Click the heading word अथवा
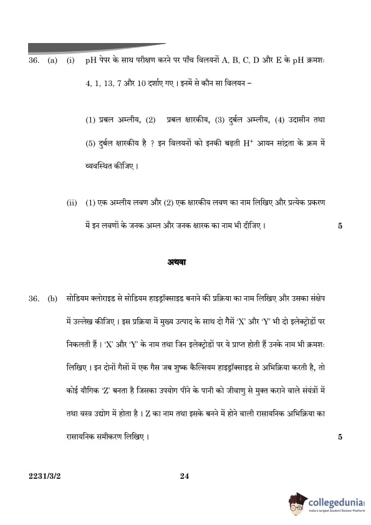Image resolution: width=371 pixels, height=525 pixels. [x=176, y=262]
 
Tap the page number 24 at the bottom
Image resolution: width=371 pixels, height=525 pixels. [x=184, y=476]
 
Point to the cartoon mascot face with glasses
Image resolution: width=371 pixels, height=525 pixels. [x=297, y=503]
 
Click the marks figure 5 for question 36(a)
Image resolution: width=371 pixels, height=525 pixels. [x=340, y=226]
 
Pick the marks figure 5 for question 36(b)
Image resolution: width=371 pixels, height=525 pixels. [x=340, y=437]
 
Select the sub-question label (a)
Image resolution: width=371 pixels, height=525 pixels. [x=52, y=60]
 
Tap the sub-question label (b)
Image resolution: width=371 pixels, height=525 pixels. [x=52, y=299]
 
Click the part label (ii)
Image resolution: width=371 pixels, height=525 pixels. [x=72, y=203]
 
